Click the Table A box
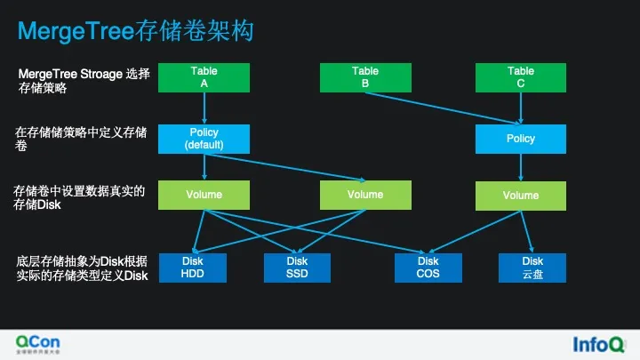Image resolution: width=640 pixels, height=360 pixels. coord(204,77)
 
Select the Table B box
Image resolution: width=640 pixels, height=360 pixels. coord(364,77)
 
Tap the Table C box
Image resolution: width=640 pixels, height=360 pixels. coord(520,77)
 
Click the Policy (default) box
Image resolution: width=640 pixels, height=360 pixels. coord(204,138)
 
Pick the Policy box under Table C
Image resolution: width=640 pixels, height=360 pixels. coord(520,139)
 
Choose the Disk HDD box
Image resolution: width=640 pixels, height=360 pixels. coord(193,268)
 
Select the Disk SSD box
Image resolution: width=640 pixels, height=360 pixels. coord(297,268)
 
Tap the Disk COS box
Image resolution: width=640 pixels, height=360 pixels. coord(428,268)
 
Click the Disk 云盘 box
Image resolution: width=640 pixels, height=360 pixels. coord(532,268)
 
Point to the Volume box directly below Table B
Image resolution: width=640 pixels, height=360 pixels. coord(364,195)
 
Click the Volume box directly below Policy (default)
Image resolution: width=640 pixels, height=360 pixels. coord(204,195)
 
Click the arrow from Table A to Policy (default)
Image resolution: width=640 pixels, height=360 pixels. coord(204,108)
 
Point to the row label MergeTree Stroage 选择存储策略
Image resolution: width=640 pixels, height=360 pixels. coord(79,81)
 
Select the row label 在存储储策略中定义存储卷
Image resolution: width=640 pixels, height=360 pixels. coord(80,140)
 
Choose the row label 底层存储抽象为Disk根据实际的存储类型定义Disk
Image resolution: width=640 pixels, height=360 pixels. coord(81,268)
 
